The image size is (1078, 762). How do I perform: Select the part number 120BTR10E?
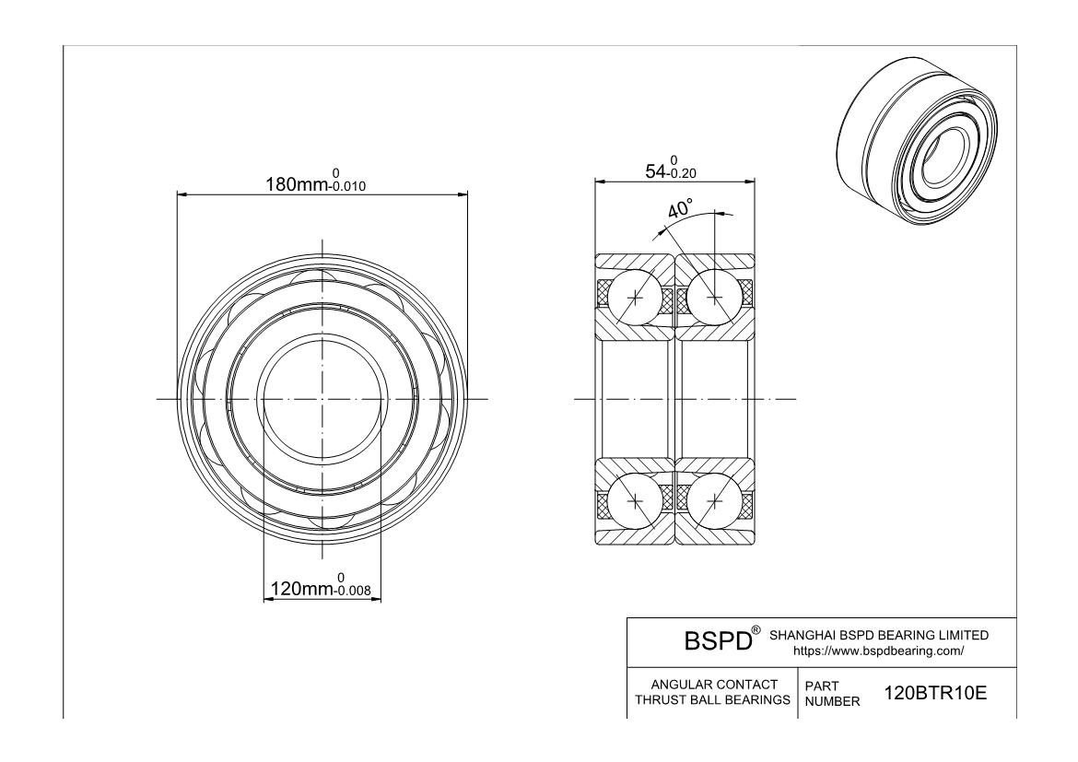tap(935, 693)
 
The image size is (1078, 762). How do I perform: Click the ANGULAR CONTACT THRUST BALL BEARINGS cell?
tap(713, 693)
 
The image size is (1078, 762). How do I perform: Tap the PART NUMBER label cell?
tap(832, 693)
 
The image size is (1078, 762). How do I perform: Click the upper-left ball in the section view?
tap(637, 298)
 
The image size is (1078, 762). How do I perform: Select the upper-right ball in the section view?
tap(715, 298)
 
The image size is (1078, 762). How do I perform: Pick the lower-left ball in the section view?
tap(637, 500)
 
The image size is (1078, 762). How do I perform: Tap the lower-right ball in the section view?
tap(715, 500)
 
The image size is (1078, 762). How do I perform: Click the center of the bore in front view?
tap(322, 399)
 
